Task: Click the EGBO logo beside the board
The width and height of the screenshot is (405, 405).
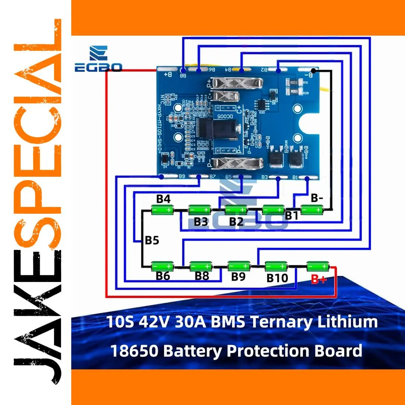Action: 98,60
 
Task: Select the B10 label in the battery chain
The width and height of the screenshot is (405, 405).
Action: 277,278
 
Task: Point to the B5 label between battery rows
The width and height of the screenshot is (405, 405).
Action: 152,240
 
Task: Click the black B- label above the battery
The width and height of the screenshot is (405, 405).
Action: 317,198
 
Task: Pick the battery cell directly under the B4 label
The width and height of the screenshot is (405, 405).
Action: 162,210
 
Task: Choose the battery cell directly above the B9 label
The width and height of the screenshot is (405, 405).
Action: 239,266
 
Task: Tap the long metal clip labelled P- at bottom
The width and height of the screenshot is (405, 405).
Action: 231,164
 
